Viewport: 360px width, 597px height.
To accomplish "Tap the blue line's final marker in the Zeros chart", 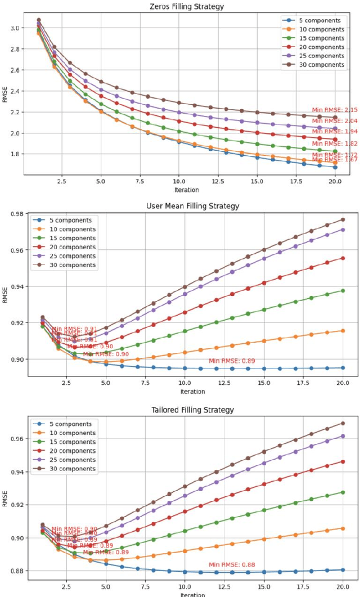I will (x=335, y=167).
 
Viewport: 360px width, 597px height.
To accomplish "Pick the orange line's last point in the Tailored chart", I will (x=343, y=528).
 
